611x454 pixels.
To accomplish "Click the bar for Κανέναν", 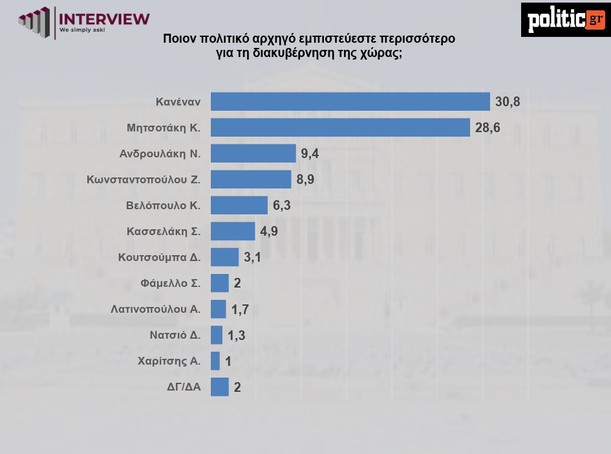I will pos(350,102).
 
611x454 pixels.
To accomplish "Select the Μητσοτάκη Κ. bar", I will pos(340,128).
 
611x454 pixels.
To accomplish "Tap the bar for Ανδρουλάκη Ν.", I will pos(253,153).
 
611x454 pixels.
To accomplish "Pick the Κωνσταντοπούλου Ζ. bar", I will pos(251,179).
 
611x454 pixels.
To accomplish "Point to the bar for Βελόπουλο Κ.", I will pos(239,205).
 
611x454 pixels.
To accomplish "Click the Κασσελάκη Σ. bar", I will pos(233,231).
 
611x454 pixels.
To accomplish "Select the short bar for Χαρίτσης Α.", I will pos(215,361).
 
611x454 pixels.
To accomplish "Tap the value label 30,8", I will pos(508,102).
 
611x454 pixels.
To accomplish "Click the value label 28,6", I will pos(488,128).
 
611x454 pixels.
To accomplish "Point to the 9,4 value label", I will pos(310,153).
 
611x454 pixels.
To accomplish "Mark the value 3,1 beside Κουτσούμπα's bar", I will pos(252,257).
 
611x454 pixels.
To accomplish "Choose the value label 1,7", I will pos(240,309).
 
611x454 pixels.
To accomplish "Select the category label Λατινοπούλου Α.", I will pos(156,309).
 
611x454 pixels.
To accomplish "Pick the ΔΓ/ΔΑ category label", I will pos(184,387).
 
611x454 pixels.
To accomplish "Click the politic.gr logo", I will pos(565,19).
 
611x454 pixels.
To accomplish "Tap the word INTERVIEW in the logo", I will pos(104,18).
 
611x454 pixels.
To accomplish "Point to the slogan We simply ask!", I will pos(82,30).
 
